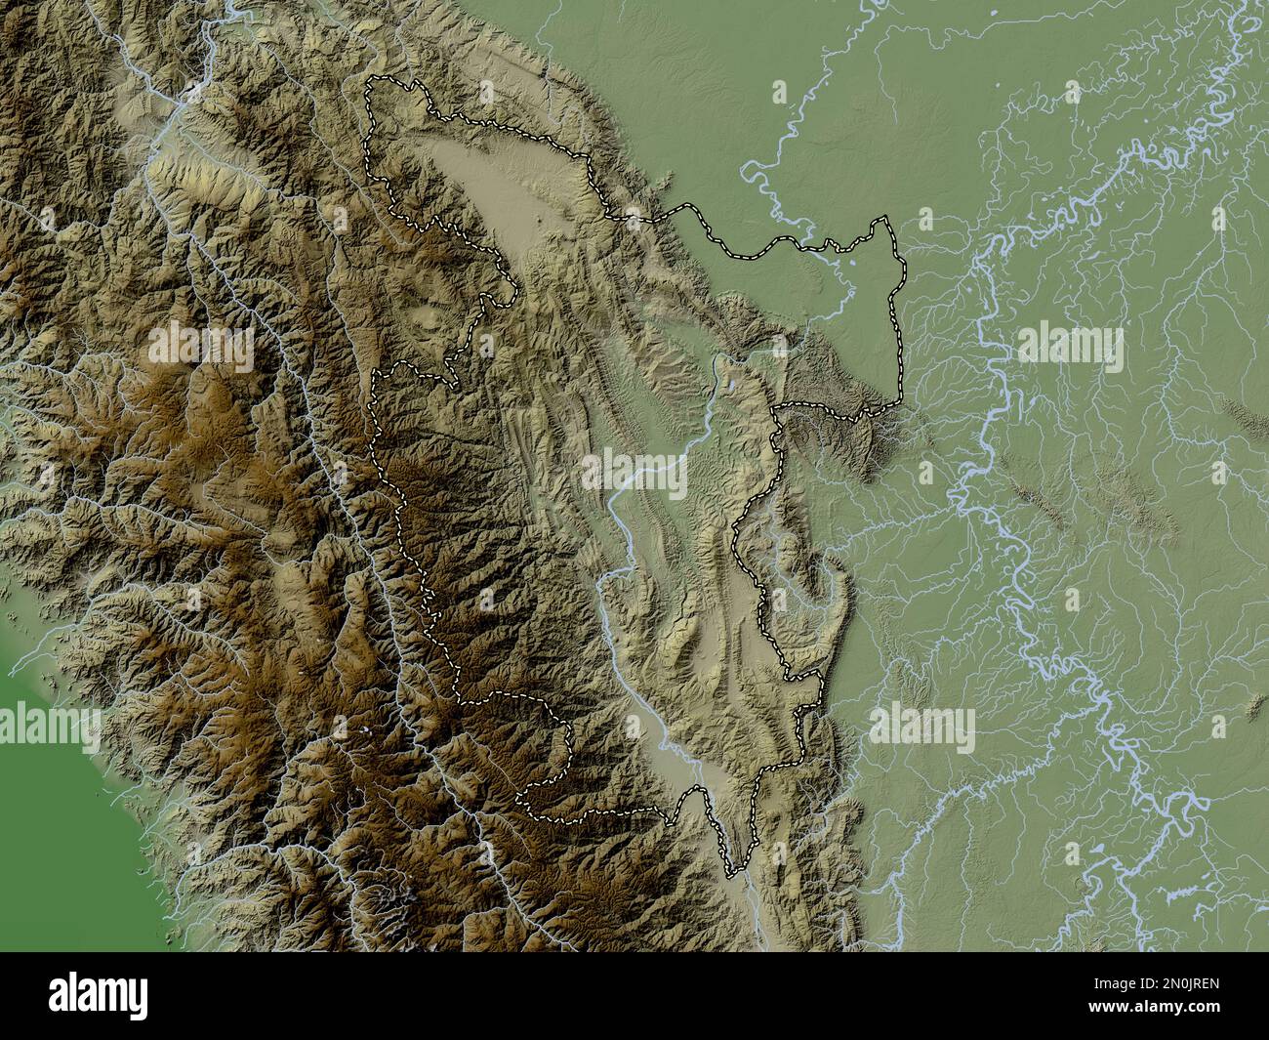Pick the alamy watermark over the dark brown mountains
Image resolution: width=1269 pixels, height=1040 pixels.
tap(201, 344)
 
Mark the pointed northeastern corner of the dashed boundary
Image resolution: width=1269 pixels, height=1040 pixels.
tap(886, 221)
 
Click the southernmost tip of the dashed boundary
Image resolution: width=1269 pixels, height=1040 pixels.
tap(731, 872)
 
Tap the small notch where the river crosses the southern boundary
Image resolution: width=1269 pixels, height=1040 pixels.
tap(695, 791)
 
